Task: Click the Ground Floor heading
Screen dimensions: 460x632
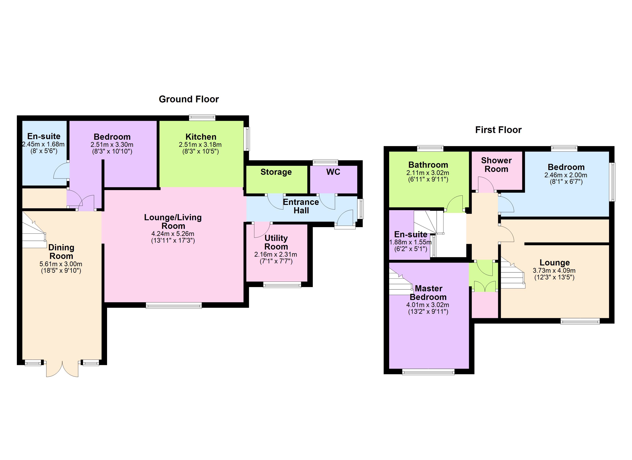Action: [x=189, y=99]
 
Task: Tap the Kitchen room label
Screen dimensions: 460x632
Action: [x=201, y=137]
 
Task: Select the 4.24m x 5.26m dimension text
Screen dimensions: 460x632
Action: [x=173, y=234]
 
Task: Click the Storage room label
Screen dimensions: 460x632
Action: [x=276, y=172]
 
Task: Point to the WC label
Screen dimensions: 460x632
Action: [x=333, y=172]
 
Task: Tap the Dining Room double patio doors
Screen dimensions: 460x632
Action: [x=62, y=369]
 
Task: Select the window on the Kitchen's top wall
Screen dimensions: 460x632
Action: [x=202, y=117]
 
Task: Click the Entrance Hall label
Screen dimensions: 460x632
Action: [x=301, y=206]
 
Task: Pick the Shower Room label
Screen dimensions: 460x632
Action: [x=496, y=165]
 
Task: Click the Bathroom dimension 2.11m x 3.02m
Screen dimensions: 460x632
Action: [x=428, y=173]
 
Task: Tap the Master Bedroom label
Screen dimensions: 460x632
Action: [x=428, y=293]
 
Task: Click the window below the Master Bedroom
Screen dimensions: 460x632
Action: [x=428, y=372]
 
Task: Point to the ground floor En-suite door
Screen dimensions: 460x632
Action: [x=61, y=171]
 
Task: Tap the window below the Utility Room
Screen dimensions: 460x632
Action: [x=282, y=285]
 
